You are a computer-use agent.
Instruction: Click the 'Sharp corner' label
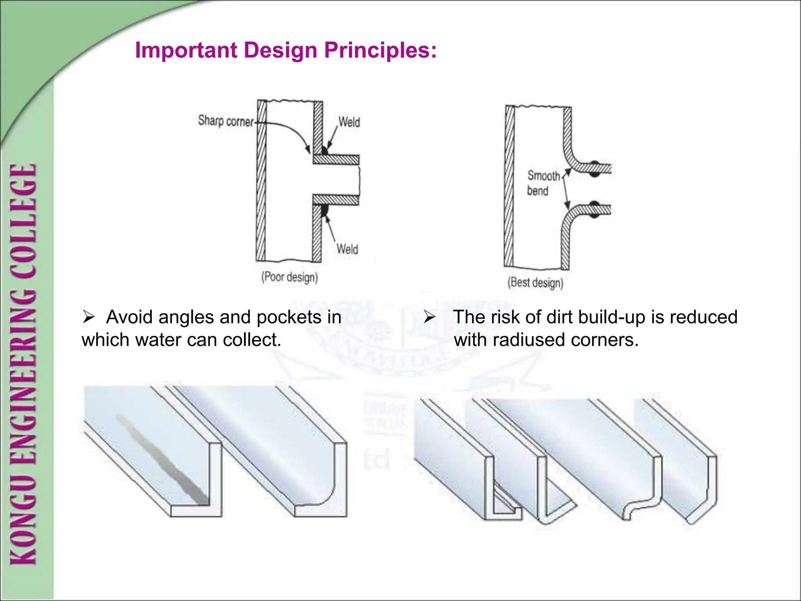pyautogui.click(x=226, y=121)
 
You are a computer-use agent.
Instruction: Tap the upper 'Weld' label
pyautogui.click(x=349, y=122)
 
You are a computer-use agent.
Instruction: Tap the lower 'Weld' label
pyautogui.click(x=347, y=249)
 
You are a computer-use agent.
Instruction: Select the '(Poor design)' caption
pyautogui.click(x=289, y=277)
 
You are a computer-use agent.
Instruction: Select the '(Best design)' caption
pyautogui.click(x=535, y=282)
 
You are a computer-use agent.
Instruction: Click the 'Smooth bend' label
pyautogui.click(x=543, y=183)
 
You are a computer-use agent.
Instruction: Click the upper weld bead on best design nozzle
pyautogui.click(x=594, y=168)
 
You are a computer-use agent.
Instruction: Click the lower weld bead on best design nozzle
pyautogui.click(x=594, y=209)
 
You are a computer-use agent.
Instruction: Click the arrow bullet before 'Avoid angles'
pyautogui.click(x=89, y=317)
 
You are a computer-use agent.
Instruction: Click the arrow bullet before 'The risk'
pyautogui.click(x=429, y=317)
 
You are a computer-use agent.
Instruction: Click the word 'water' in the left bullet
pyautogui.click(x=158, y=340)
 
